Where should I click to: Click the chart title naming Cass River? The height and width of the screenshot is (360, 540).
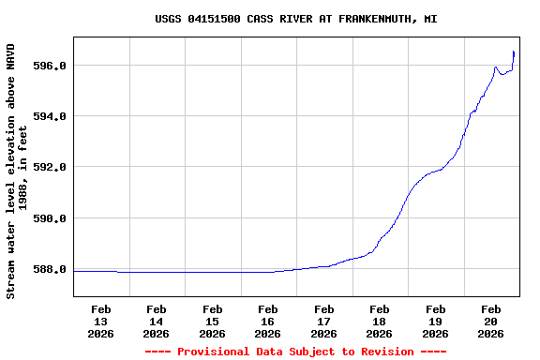[x=295, y=19]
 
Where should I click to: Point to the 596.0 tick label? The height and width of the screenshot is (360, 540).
[x=49, y=66]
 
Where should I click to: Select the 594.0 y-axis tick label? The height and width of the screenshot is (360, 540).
[x=49, y=116]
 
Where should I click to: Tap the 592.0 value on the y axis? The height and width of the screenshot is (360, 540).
[x=49, y=167]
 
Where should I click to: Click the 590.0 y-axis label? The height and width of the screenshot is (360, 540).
[x=49, y=218]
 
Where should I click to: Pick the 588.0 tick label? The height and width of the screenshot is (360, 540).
[x=49, y=269]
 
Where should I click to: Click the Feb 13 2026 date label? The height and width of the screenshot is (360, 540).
[x=101, y=321]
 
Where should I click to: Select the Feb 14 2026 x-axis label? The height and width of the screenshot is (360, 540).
[x=157, y=321]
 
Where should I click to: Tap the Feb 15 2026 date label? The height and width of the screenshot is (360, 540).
[x=213, y=321]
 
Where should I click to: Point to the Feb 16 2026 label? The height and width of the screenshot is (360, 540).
[x=268, y=321]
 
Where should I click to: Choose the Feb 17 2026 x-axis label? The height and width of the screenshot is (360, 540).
[x=324, y=321]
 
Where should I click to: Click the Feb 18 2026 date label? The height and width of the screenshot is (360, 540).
[x=380, y=321]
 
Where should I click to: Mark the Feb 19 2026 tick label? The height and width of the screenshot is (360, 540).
[x=435, y=321]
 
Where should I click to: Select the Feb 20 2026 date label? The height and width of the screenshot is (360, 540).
[x=491, y=321]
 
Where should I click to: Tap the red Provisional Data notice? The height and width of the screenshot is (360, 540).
[x=295, y=352]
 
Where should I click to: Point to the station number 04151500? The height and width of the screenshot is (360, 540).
[x=217, y=19]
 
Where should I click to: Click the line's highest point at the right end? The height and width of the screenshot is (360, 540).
[x=514, y=52]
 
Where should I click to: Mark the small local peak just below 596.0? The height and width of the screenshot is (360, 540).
[x=495, y=67]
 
